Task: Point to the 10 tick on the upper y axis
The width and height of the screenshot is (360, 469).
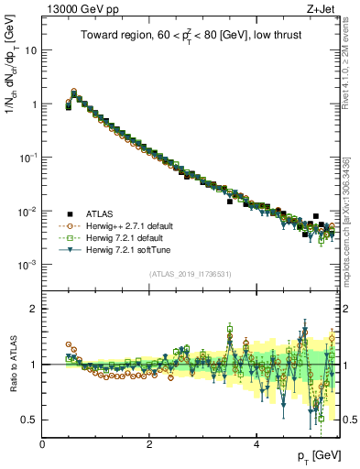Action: pyautogui.click(x=29, y=49)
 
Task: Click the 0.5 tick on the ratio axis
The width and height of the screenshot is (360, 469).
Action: pyautogui.click(x=27, y=420)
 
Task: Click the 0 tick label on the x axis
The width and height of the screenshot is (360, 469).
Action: pyautogui.click(x=42, y=444)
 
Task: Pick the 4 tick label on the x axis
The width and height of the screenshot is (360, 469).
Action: pyautogui.click(x=256, y=444)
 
